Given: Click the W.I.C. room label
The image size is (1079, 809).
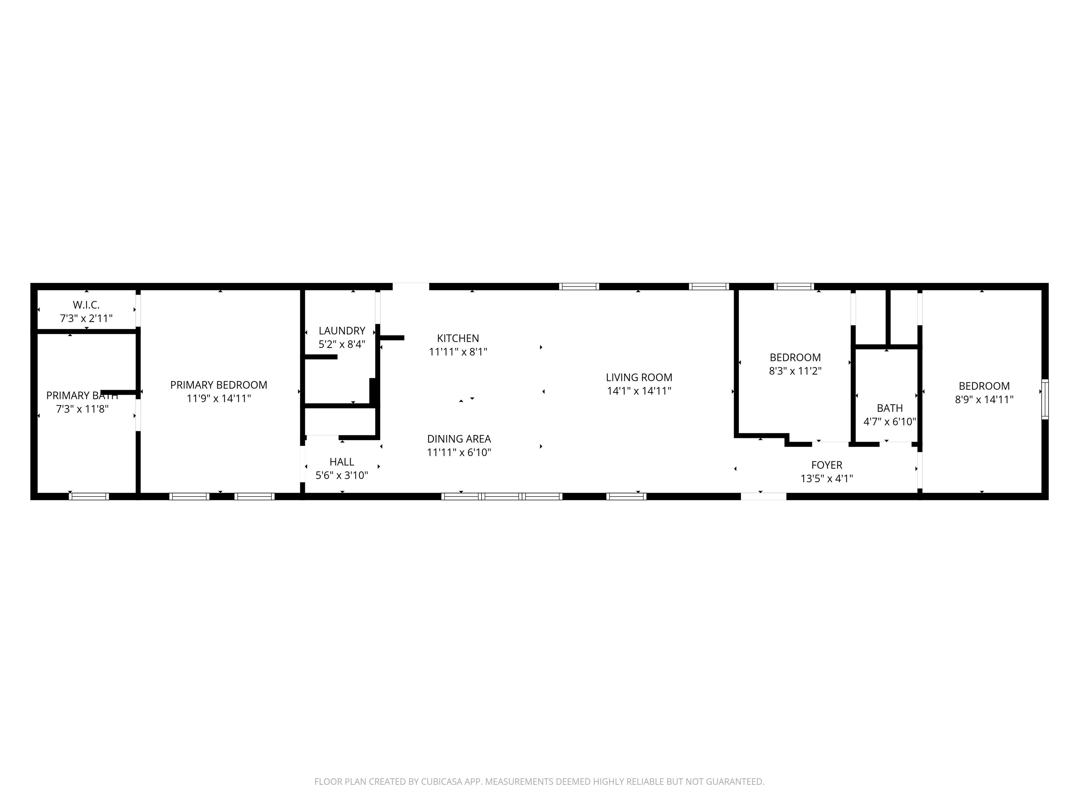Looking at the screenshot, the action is click(86, 305).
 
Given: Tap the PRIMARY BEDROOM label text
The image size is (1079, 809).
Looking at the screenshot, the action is click(218, 385).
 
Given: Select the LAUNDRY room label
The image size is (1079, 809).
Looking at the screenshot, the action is click(342, 331).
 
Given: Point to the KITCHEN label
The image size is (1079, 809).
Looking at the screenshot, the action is click(458, 338).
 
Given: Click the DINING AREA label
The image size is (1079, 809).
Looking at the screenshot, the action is click(459, 439).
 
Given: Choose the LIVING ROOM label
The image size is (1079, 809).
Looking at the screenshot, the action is click(639, 377).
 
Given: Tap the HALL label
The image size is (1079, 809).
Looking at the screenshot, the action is click(342, 462).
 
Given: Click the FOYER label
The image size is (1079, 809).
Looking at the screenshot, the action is click(827, 465).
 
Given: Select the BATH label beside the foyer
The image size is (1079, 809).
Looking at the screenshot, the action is click(890, 408).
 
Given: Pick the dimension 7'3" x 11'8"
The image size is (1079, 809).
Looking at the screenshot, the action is click(82, 409).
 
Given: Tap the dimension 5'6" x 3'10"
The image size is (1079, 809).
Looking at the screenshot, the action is click(342, 475).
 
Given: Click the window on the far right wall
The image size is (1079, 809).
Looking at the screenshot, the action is click(1045, 399).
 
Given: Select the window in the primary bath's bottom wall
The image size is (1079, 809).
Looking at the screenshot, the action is click(89, 496).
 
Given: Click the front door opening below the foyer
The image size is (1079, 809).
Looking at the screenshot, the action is click(763, 496).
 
